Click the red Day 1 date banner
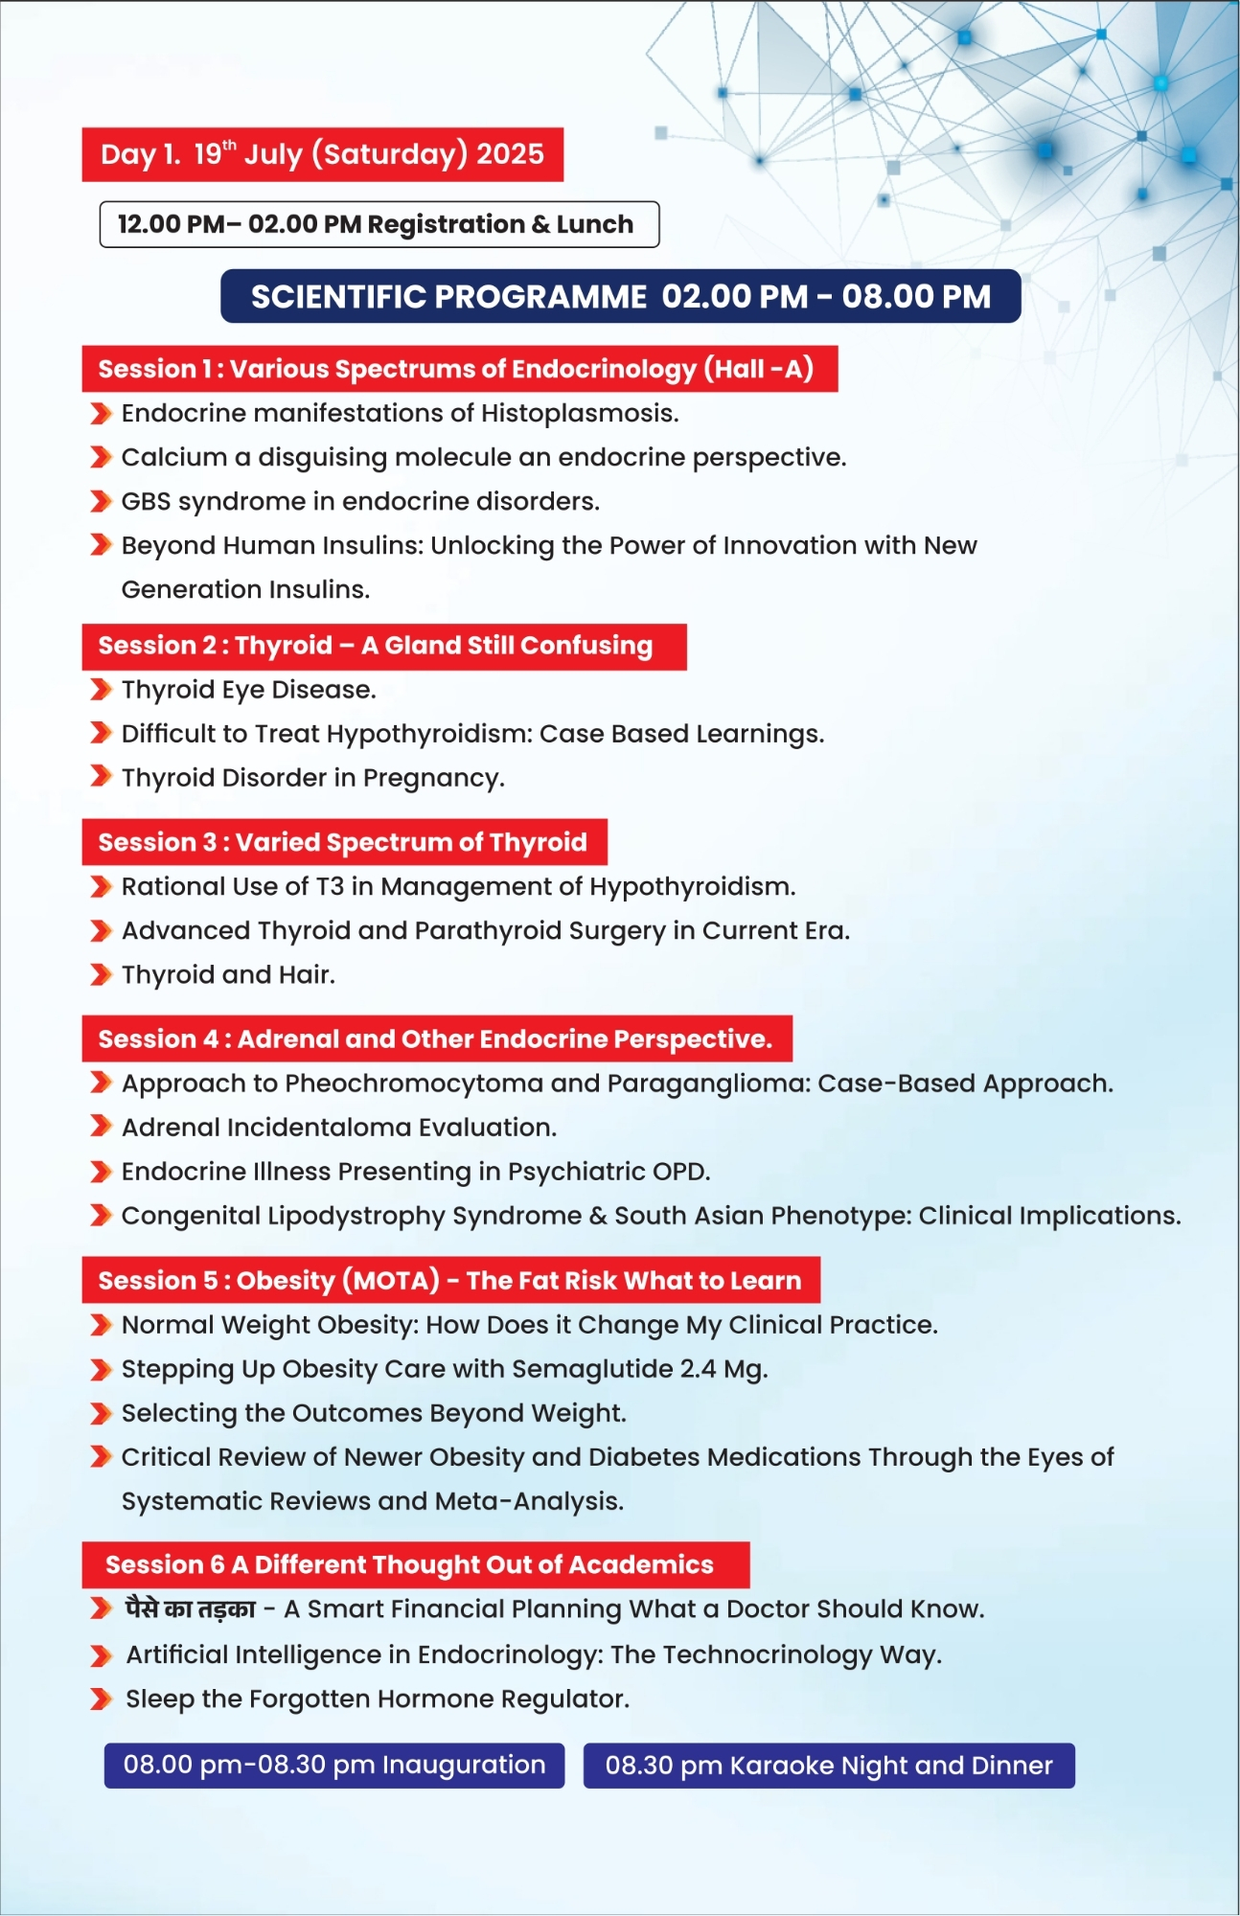coord(322,154)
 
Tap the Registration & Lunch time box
coord(379,224)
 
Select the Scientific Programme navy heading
coord(620,297)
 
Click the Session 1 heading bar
coord(459,369)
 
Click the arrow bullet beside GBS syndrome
coord(101,501)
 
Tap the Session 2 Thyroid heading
coord(383,646)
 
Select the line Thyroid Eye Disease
coord(248,690)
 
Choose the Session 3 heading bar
coord(344,842)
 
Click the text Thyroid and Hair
coord(228,975)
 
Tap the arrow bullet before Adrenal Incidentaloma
coord(101,1127)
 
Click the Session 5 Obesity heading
coord(450,1280)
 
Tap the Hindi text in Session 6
coord(191,1608)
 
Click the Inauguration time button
coord(333,1765)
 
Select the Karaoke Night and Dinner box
coord(829,1765)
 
